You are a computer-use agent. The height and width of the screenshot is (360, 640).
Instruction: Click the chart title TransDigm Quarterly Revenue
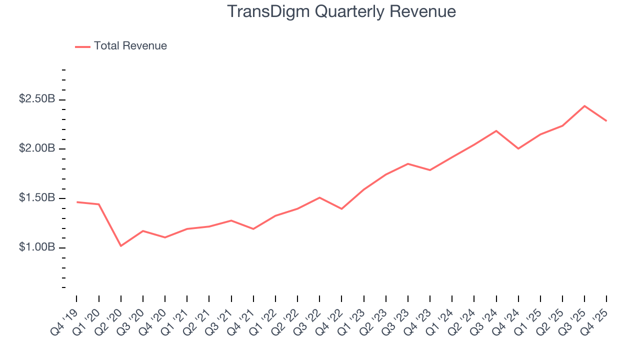tap(341, 12)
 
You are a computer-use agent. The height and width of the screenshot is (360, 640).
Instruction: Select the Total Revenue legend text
tap(130, 46)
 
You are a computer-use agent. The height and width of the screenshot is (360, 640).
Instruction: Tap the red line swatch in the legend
tap(82, 46)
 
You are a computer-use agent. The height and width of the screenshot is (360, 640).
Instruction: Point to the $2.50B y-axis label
tap(37, 99)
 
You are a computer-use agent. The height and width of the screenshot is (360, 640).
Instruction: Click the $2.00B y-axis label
tap(37, 149)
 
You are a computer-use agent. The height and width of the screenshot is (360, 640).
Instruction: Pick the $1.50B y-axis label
tap(37, 198)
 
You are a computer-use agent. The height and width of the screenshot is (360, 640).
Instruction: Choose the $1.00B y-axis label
tap(37, 247)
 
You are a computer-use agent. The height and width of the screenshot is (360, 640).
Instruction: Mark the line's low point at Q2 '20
tap(121, 246)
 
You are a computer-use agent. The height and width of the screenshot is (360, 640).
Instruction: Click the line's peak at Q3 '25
tap(584, 105)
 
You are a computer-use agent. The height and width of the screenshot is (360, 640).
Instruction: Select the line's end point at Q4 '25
tap(606, 121)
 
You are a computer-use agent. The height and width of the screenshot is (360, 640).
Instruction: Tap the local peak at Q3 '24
tap(496, 130)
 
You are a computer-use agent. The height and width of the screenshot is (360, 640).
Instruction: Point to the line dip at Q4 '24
tap(518, 148)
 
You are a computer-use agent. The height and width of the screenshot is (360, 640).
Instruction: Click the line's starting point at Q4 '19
tap(77, 202)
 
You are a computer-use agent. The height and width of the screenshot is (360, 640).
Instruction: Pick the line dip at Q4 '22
tap(341, 209)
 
